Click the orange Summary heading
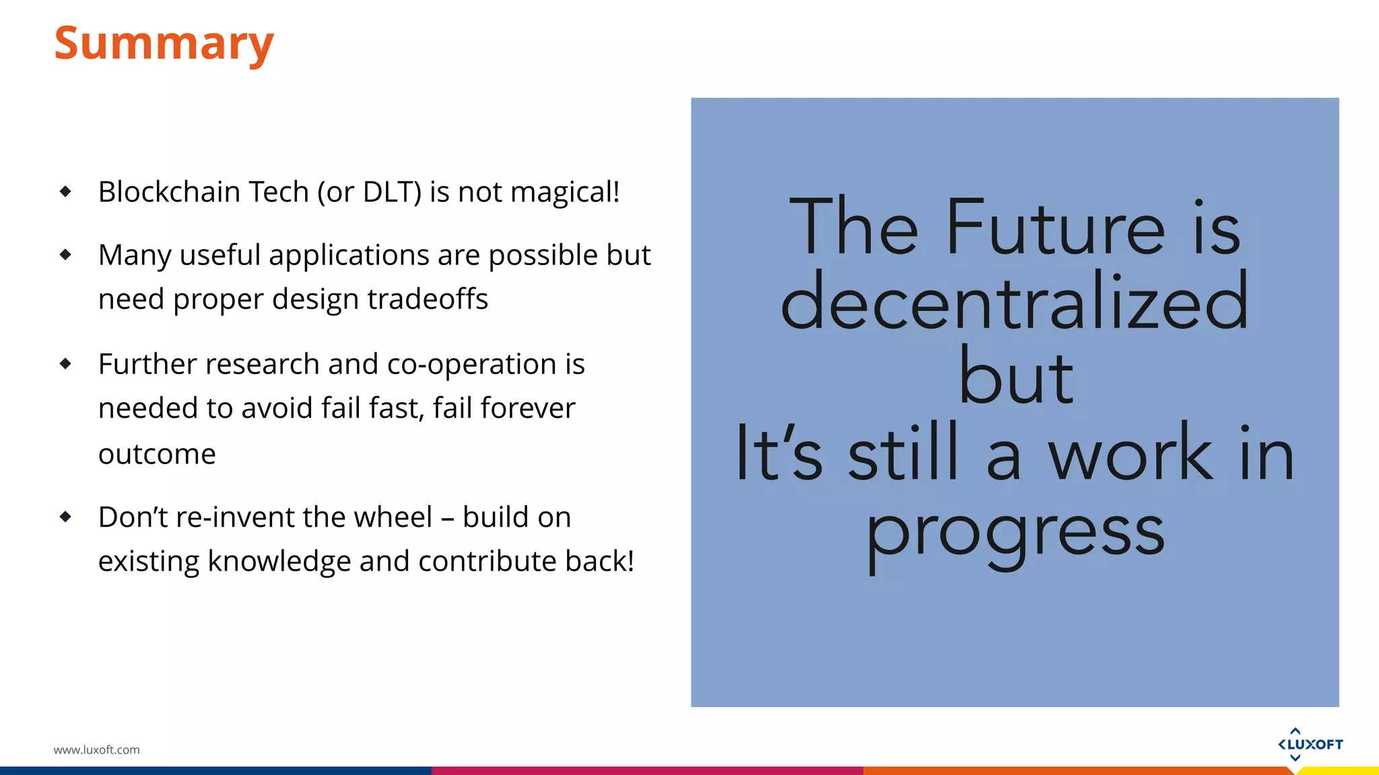pyautogui.click(x=164, y=43)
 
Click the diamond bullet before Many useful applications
pyautogui.click(x=65, y=255)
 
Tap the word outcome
pyautogui.click(x=157, y=454)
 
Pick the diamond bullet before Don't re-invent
pyautogui.click(x=65, y=517)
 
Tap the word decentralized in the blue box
pyautogui.click(x=1014, y=303)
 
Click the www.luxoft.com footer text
pyautogui.click(x=96, y=750)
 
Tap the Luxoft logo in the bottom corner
pyautogui.click(x=1310, y=744)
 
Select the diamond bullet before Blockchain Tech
pyautogui.click(x=65, y=192)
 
